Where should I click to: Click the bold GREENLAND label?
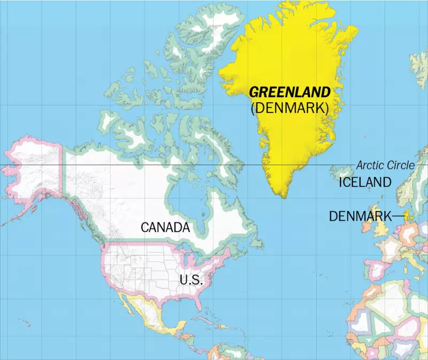pos(289,92)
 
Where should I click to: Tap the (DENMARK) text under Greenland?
pos(289,108)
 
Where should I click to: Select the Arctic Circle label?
pos(385,165)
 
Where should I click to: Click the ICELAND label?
pos(365,182)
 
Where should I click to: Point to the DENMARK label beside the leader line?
pos(360,216)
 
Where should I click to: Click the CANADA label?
pos(165,227)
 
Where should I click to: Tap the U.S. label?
pos(191,279)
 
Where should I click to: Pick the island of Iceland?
pos(342,172)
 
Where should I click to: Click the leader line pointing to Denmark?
pos(399,216)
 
